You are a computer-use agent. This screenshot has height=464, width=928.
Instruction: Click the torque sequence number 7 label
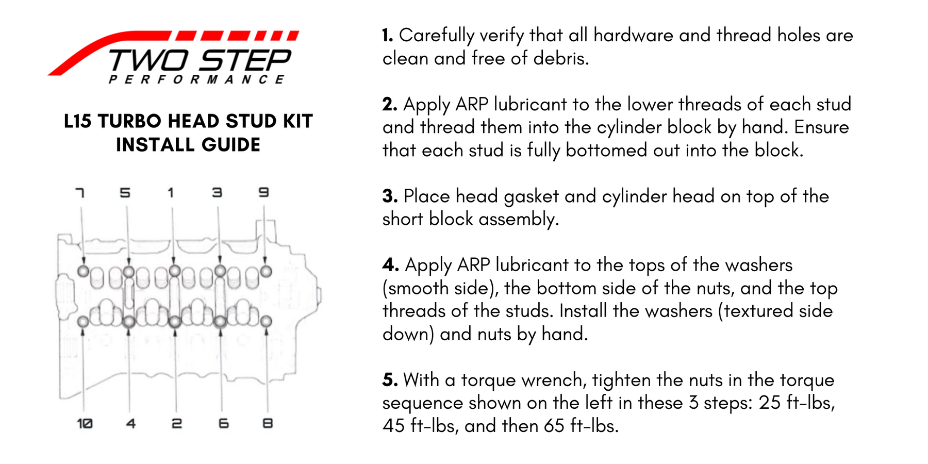[x=80, y=193]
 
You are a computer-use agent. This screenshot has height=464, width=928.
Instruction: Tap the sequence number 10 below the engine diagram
[x=85, y=423]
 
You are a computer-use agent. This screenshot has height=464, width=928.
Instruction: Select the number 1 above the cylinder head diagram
[x=171, y=193]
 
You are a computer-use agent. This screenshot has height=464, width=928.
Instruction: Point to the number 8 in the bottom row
[x=268, y=423]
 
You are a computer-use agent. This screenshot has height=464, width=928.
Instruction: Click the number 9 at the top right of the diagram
[x=263, y=193]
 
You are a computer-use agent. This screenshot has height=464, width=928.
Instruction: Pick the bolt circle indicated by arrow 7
[x=83, y=271]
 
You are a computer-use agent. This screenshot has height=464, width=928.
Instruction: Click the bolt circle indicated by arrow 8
[x=266, y=321]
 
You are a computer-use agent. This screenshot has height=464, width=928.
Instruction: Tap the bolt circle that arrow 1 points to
[x=175, y=271]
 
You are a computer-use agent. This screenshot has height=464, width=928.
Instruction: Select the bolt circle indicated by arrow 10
[x=83, y=322]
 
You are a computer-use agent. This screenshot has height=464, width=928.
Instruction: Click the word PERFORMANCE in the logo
[x=196, y=79]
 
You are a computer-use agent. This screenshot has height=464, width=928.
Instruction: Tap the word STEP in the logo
[x=245, y=61]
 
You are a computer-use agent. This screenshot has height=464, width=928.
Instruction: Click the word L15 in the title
[x=77, y=122]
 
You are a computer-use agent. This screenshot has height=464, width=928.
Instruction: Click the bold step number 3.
[x=390, y=196]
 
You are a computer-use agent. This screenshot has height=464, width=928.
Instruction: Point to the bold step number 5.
[x=390, y=380]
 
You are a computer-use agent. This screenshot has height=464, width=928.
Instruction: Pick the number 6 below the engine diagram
[x=223, y=423]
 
